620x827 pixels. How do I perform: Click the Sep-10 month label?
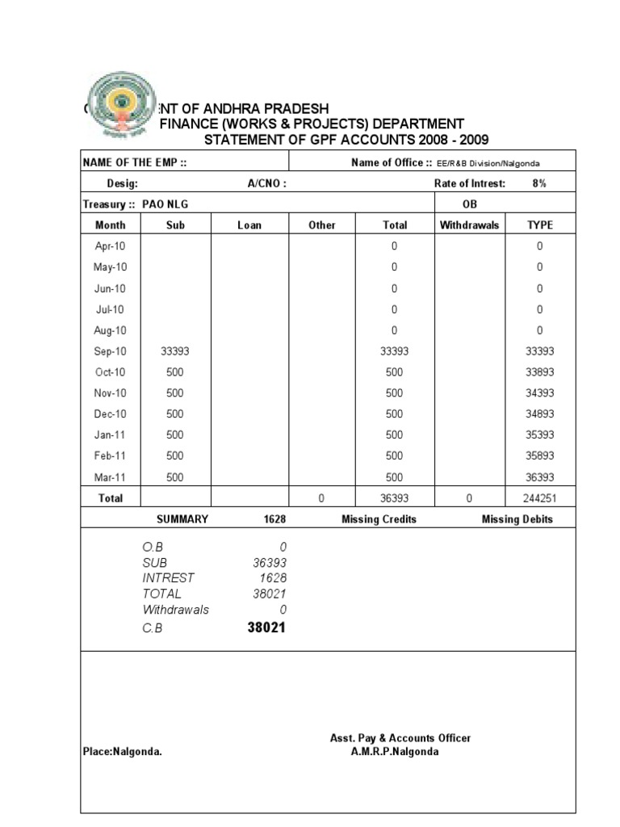coord(111,351)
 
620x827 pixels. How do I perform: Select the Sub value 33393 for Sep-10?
coord(175,351)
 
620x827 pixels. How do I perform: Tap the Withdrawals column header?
coord(470,225)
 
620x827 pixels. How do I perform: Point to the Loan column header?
coord(249,225)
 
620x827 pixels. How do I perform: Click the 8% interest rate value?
coord(539,183)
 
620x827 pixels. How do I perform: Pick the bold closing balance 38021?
coord(266,628)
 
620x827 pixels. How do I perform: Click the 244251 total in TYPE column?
coord(539,498)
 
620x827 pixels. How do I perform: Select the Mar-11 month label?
coord(111,477)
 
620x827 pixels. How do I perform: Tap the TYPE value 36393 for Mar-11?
coord(539,477)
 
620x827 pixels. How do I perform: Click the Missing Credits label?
coord(379,519)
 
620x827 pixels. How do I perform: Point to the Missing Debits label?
coord(517,519)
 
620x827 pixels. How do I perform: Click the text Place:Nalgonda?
coord(123,751)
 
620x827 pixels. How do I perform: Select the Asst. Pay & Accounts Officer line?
coord(400,738)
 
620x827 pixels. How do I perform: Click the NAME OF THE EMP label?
coord(135,162)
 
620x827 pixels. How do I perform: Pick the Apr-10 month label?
coord(111,246)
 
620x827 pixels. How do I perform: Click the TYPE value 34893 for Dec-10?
coord(539,414)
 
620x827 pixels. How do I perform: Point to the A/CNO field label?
coord(266,183)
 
